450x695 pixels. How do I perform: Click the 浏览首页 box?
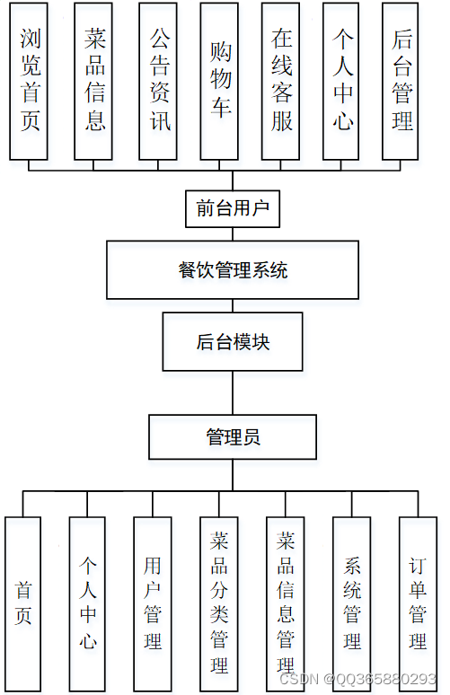coord(30,81)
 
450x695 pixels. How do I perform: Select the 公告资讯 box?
coord(159,81)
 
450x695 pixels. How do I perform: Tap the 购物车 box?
coord(221,81)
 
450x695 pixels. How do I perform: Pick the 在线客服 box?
coord(282,81)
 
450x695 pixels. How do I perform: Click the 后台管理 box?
coord(402,81)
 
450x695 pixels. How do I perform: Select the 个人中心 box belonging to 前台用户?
coord(343,81)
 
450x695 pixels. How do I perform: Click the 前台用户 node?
coord(232,208)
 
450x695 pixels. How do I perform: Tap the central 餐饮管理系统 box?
coord(233,269)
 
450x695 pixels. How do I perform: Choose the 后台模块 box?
coord(233,341)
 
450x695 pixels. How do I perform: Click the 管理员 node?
coord(233,436)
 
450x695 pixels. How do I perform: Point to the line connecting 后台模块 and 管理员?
coord(233,392)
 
